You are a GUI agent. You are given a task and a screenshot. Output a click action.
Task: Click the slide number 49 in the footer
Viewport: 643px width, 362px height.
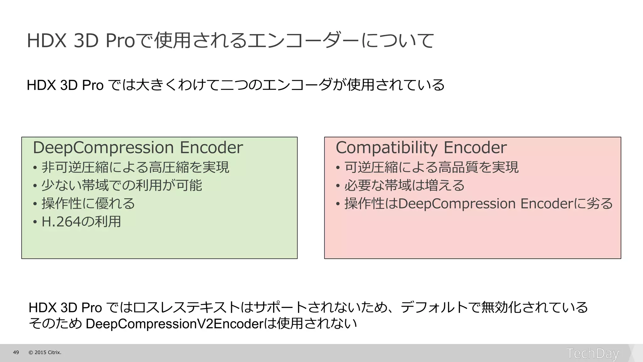pyautogui.click(x=16, y=353)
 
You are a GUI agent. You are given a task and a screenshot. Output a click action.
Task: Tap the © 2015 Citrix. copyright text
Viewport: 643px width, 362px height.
pyautogui.click(x=45, y=353)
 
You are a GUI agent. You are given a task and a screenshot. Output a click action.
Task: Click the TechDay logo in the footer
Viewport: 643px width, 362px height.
pyautogui.click(x=592, y=354)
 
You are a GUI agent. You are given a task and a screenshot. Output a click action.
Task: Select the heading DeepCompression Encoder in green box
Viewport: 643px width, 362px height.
pyautogui.click(x=138, y=148)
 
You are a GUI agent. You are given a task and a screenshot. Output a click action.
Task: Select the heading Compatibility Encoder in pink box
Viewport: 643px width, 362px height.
pyautogui.click(x=421, y=148)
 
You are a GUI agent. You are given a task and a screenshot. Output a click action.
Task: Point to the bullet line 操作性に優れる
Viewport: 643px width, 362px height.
pyautogui.click(x=88, y=204)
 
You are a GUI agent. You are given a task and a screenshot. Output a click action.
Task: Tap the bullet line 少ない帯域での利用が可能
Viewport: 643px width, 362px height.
pyautogui.click(x=122, y=185)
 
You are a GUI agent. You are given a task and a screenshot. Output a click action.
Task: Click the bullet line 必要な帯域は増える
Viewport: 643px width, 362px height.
pyautogui.click(x=404, y=185)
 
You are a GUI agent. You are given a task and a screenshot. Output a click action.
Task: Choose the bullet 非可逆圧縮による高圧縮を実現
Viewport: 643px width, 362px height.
pyautogui.click(x=135, y=167)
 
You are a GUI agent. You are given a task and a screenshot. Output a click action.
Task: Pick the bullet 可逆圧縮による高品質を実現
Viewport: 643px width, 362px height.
pyautogui.click(x=431, y=167)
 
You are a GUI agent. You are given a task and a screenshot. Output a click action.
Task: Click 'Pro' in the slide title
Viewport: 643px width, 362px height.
pyautogui.click(x=120, y=41)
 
